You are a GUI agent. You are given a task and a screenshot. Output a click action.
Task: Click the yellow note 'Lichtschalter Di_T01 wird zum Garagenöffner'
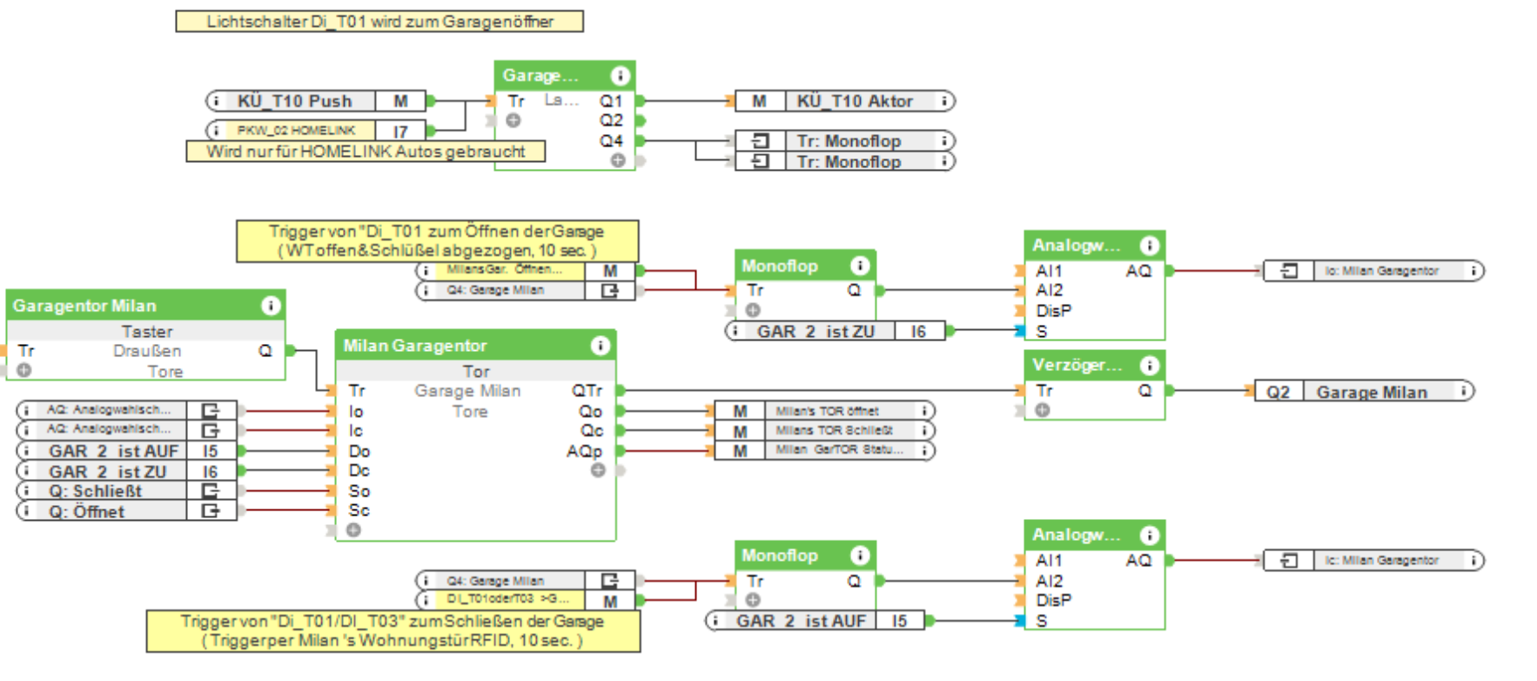(x=379, y=22)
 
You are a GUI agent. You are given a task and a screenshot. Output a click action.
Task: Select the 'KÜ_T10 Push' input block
(x=294, y=101)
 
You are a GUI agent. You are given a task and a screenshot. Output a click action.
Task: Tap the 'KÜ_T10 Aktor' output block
(x=855, y=101)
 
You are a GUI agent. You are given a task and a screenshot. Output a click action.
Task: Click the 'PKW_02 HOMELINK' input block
(x=296, y=131)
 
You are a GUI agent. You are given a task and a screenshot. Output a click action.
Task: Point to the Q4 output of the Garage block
(x=611, y=140)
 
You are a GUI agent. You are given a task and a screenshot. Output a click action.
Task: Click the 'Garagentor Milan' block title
(x=84, y=306)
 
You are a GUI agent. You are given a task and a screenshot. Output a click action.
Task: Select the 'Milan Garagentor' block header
(x=415, y=346)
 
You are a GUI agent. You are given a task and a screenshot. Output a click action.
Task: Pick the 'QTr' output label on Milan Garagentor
(x=587, y=391)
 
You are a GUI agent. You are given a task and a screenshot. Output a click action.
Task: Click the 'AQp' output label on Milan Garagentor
(x=583, y=451)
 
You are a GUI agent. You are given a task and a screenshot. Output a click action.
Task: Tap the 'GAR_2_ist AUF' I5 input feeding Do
(x=113, y=451)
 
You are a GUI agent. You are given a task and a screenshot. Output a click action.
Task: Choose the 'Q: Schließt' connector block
(x=96, y=491)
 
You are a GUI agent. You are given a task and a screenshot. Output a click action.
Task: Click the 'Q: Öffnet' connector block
(x=87, y=512)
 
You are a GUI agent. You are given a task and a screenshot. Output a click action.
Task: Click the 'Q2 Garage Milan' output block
(x=1371, y=392)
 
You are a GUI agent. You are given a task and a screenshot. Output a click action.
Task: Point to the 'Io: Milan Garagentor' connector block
(x=1380, y=271)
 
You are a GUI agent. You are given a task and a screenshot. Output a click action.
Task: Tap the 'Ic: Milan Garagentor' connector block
(x=1380, y=561)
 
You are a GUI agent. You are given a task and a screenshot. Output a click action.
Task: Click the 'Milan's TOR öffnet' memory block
(x=827, y=411)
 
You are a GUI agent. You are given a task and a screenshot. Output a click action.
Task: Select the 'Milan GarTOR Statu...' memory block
(x=839, y=450)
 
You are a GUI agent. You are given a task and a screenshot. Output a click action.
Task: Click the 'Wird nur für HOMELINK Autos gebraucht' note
(x=366, y=152)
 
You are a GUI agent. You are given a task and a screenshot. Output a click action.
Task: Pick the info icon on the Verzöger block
(x=1149, y=365)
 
